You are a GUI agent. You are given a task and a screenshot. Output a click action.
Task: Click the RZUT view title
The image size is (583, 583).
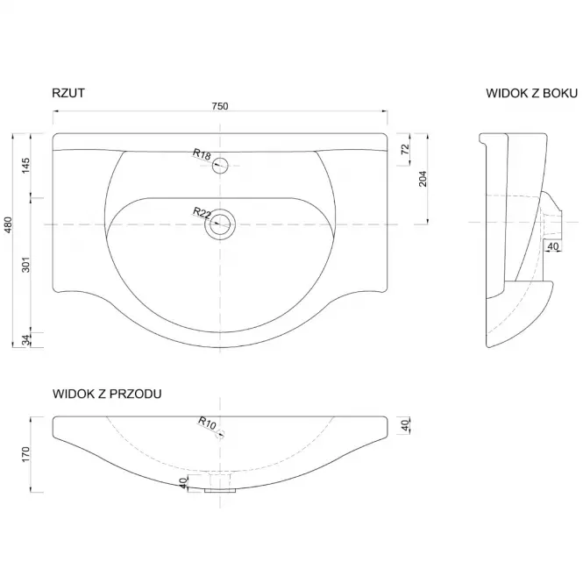coord(68,93)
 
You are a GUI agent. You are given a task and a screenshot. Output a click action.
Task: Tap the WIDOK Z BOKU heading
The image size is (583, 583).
coord(531,93)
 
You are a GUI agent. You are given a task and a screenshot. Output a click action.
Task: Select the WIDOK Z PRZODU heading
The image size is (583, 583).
coord(107,394)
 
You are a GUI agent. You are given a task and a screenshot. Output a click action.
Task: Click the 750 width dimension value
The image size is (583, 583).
coord(220,106)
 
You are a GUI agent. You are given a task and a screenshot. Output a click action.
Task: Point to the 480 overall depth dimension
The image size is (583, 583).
coord(8,225)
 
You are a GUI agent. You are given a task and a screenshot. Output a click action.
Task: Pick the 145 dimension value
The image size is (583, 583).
coord(25,166)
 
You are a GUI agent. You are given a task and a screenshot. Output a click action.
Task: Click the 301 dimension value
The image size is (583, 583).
coord(25,265)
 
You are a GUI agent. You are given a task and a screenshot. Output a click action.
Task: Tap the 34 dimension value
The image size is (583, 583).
coord(25,340)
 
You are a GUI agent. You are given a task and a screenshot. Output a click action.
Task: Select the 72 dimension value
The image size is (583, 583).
coord(405,149)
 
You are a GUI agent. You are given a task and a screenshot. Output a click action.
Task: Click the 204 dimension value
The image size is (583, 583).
coord(423,179)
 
